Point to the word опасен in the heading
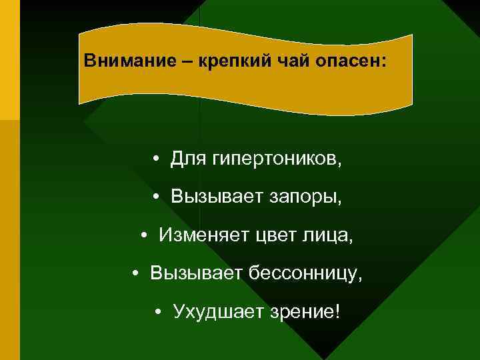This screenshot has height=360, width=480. click(353, 61)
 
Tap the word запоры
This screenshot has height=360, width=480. click(307, 197)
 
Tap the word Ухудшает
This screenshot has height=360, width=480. click(212, 311)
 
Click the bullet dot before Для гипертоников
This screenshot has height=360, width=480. click(155, 160)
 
